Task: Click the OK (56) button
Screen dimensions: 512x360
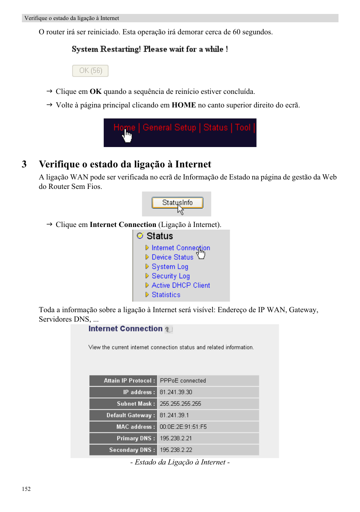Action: pos(90,71)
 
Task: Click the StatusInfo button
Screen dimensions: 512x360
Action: pos(177,203)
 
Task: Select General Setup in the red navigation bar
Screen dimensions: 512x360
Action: pos(169,128)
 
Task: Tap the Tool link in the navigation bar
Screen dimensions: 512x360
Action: pos(243,128)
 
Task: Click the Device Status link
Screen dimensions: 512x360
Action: pos(172,257)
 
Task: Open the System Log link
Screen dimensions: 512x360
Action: pos(170,267)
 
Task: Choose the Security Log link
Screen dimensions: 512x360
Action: pos(171,276)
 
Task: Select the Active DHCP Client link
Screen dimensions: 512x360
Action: pos(181,285)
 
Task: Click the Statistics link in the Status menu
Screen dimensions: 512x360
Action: pos(166,295)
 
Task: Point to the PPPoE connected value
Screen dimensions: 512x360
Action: pos(183,381)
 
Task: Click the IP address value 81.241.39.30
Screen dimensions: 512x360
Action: pos(176,392)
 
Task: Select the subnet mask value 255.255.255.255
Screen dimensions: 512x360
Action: pos(180,404)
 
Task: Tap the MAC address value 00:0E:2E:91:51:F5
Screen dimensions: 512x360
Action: pos(183,427)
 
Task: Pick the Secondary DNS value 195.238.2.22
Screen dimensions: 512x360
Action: pos(176,450)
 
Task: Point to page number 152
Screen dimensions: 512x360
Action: pos(26,489)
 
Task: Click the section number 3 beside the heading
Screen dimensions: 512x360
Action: pos(24,164)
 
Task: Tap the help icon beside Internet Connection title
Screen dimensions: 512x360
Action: pos(168,330)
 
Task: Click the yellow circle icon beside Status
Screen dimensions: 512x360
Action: pos(140,236)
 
